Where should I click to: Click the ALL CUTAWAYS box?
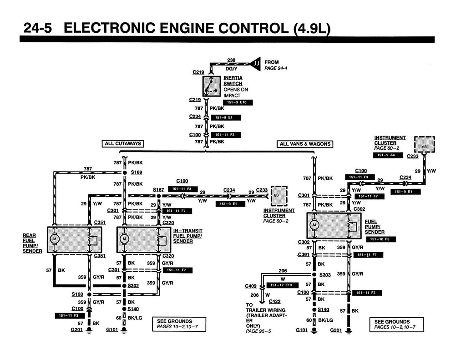pyautogui.click(x=123, y=144)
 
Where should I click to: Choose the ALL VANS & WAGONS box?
pyautogui.click(x=304, y=144)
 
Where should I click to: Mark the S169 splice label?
pyautogui.click(x=137, y=172)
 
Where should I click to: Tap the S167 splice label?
pyautogui.click(x=158, y=189)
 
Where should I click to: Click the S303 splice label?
pyautogui.click(x=325, y=274)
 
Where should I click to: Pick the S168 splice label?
pyautogui.click(x=77, y=294)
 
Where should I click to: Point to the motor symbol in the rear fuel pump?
pyautogui.click(x=55, y=239)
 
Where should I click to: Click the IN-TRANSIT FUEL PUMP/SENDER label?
pyautogui.click(x=187, y=236)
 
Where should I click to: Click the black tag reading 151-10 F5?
pyautogui.click(x=377, y=239)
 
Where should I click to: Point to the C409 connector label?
pyautogui.click(x=251, y=286)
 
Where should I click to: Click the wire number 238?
pyautogui.click(x=231, y=60)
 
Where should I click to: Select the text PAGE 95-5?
pyautogui.click(x=258, y=331)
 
